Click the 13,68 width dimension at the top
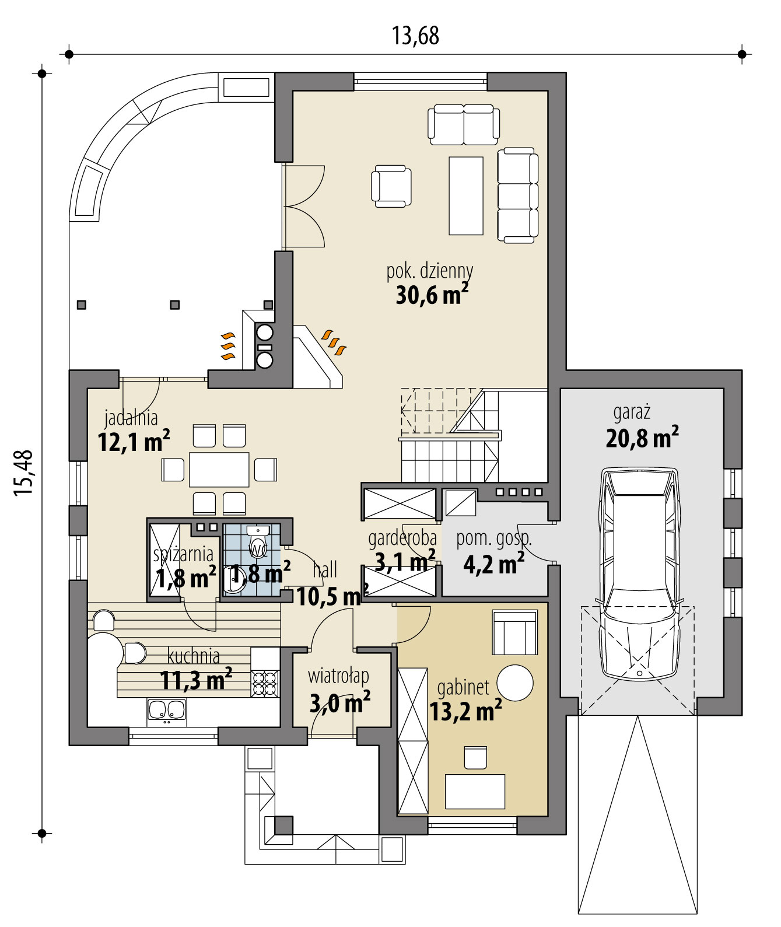(x=415, y=36)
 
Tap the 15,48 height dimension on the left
(x=24, y=473)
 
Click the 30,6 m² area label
(x=432, y=295)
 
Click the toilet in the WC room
(x=257, y=532)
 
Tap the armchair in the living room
(x=391, y=186)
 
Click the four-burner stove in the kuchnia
(x=265, y=683)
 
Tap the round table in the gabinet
(x=514, y=683)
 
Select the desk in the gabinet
(x=475, y=790)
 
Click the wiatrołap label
(x=338, y=676)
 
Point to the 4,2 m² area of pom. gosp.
(x=493, y=564)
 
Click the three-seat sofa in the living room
(x=517, y=195)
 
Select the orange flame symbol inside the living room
(x=335, y=342)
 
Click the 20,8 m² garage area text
(x=642, y=437)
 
